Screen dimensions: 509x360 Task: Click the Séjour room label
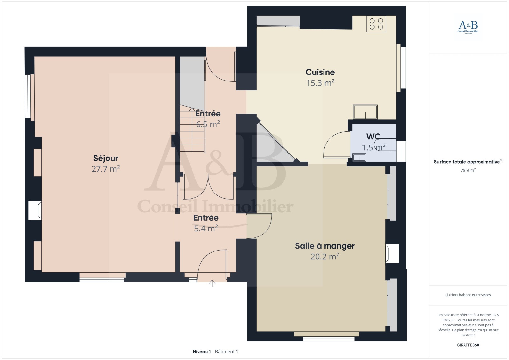coord(106,158)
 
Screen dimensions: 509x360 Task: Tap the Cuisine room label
coord(320,72)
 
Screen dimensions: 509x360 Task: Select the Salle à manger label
coord(325,246)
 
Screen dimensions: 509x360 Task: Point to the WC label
coord(373,137)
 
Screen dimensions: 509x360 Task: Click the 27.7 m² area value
coord(106,169)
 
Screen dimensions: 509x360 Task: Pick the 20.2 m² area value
coord(325,257)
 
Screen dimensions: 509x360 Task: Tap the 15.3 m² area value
coord(320,83)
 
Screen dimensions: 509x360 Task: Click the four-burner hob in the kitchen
coord(376,24)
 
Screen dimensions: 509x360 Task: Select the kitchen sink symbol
coord(365,112)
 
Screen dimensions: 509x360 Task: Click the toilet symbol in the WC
coord(385,145)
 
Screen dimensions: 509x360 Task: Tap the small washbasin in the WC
coord(359,157)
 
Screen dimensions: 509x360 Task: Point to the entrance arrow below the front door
coord(212,283)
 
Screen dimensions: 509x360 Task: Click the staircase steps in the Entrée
coord(192,130)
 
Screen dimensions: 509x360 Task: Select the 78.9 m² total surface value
coord(468,170)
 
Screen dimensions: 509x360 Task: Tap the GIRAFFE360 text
coord(468,345)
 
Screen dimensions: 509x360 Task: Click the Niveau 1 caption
coord(202,352)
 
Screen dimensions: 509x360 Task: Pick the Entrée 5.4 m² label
coord(206,223)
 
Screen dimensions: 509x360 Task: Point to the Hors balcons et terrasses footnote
coord(468,295)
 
